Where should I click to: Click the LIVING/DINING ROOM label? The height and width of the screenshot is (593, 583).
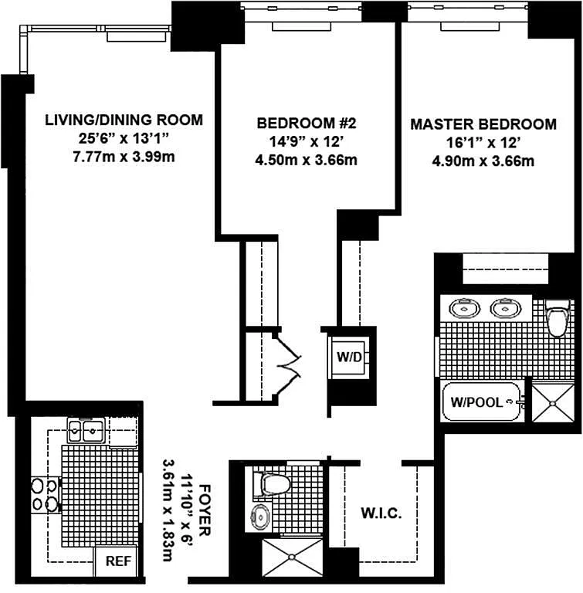click(124, 120)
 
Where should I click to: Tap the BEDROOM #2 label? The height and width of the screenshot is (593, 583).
click(307, 123)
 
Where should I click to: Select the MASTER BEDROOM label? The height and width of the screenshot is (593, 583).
click(483, 124)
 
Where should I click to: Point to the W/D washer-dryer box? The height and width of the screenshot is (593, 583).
click(349, 357)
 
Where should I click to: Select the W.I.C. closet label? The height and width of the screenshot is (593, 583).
click(381, 513)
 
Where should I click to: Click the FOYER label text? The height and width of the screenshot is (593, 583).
click(205, 510)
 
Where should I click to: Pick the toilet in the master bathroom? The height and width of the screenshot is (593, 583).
click(558, 318)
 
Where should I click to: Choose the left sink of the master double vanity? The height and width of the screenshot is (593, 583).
click(464, 308)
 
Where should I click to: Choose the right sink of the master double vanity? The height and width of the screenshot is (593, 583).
click(506, 308)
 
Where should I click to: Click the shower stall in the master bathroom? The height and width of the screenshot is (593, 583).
click(553, 403)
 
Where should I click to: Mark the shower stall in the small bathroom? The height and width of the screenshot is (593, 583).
click(293, 557)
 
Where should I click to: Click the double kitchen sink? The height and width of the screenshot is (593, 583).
click(86, 430)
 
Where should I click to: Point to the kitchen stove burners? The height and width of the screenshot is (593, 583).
click(45, 495)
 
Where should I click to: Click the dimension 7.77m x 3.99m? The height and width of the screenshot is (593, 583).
click(124, 157)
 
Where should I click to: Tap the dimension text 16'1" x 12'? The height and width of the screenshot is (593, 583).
click(483, 143)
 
